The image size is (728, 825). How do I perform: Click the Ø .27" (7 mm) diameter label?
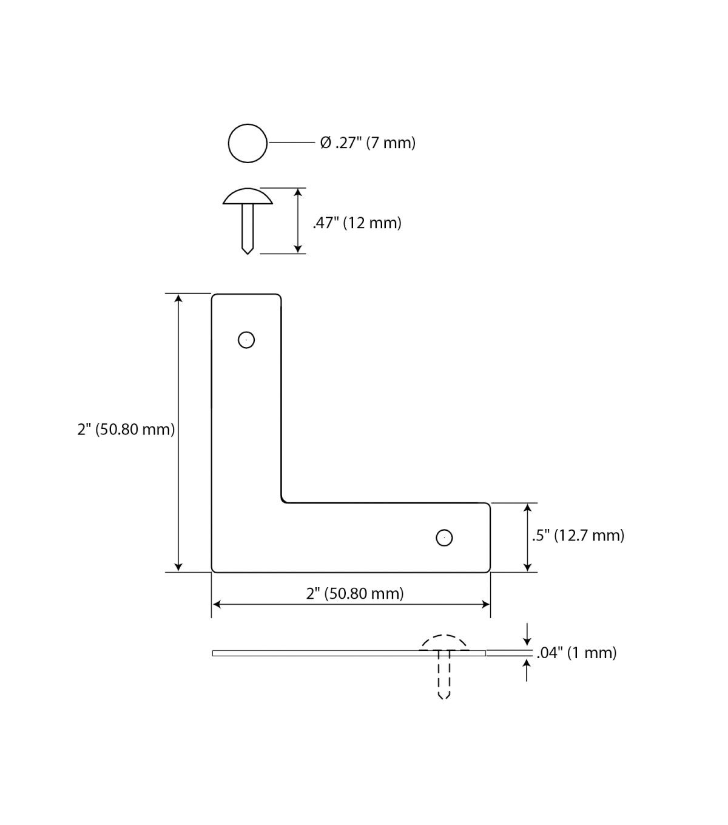(x=368, y=143)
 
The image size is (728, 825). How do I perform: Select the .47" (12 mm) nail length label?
(x=357, y=223)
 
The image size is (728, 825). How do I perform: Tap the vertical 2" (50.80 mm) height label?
(x=126, y=429)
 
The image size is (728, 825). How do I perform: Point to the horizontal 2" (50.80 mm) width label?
(x=355, y=593)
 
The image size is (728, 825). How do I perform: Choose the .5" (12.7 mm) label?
(x=578, y=536)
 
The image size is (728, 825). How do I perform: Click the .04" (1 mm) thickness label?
(x=576, y=653)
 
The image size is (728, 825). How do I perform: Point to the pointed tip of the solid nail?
(x=248, y=254)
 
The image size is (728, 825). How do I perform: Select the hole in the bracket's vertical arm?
(x=246, y=340)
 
